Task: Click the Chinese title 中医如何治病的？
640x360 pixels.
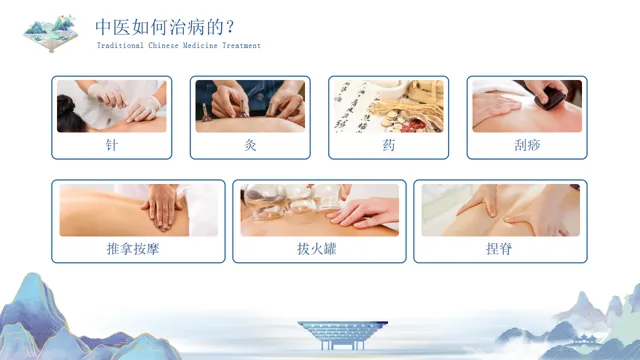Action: tap(165, 27)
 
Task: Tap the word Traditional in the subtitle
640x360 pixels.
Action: tap(120, 45)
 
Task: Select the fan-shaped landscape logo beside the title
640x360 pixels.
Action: tap(51, 33)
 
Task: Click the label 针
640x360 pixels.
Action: tap(111, 145)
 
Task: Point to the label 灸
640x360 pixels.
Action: tap(250, 145)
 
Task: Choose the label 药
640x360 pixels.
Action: tap(389, 145)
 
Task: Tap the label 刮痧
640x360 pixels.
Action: tap(527, 145)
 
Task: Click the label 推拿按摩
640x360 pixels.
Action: tap(133, 249)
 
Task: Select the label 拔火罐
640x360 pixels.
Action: tap(317, 249)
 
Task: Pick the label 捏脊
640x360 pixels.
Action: tap(499, 249)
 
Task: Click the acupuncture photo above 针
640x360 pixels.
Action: tap(111, 106)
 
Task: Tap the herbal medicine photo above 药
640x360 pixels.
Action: tap(389, 106)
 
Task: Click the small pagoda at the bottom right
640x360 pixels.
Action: tap(585, 340)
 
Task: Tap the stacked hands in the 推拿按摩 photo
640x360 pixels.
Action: tap(163, 206)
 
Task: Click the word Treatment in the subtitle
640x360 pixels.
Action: tap(241, 45)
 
